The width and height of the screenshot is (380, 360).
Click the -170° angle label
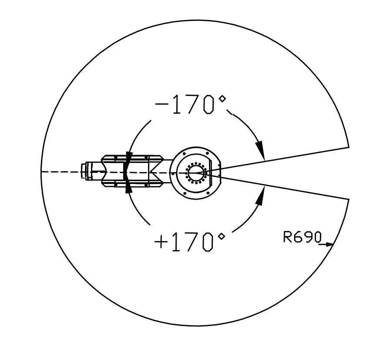point(191,105)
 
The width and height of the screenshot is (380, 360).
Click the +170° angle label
point(189,242)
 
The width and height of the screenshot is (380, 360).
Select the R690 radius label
point(303,237)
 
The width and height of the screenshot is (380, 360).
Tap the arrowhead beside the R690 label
point(329,245)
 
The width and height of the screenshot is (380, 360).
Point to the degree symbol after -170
point(222,99)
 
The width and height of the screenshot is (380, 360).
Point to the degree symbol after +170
point(222,236)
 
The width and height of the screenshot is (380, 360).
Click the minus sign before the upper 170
point(161,104)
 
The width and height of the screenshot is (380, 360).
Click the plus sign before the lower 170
point(161,242)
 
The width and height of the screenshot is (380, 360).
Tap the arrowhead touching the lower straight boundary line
point(260,196)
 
